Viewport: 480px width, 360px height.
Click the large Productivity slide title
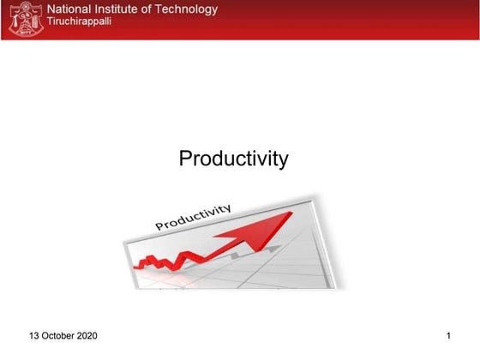[233, 159]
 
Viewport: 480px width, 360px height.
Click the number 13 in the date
[35, 335]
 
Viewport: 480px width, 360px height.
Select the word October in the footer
[60, 335]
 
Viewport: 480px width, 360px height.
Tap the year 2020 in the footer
[87, 335]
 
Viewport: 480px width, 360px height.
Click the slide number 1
[448, 335]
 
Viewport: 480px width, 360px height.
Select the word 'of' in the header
[153, 10]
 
